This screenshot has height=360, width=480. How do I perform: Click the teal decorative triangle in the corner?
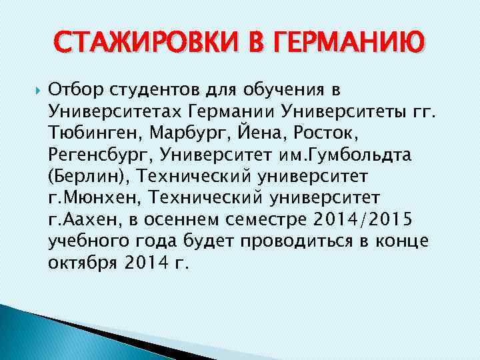click(40, 333)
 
